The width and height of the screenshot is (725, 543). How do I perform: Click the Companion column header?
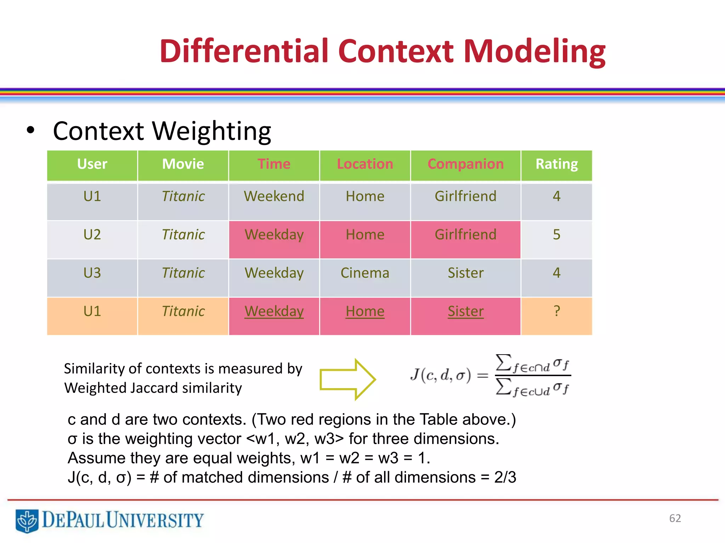tap(466, 164)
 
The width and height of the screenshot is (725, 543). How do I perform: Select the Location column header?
tap(365, 164)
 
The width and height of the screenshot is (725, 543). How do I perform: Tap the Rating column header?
tap(556, 164)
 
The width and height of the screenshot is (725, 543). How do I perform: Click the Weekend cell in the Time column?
tap(274, 196)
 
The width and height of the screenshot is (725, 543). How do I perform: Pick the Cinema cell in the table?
tap(365, 273)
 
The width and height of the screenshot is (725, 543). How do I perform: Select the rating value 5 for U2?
tap(556, 234)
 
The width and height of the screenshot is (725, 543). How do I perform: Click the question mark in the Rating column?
tap(556, 311)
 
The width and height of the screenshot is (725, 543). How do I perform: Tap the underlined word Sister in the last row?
tap(466, 311)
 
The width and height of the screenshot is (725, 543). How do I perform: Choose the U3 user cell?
tap(92, 273)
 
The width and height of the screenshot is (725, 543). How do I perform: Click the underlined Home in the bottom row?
tap(365, 311)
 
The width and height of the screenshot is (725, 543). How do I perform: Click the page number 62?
tap(675, 518)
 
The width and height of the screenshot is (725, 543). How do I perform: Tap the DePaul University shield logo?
tap(27, 521)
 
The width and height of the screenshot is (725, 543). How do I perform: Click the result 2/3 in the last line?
tap(505, 477)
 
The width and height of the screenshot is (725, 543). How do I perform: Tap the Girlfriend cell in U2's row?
tap(466, 235)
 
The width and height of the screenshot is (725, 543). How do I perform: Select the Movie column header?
tap(183, 164)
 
